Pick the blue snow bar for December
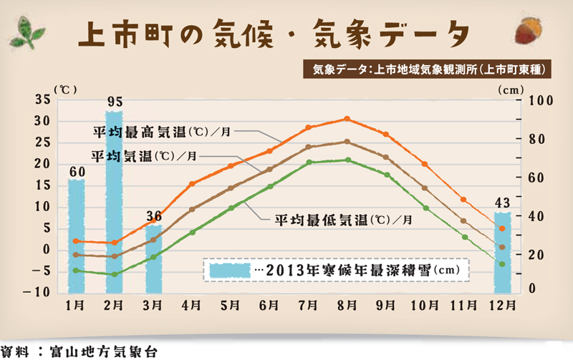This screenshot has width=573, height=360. (x=503, y=250)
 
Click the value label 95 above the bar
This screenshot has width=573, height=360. (x=115, y=101)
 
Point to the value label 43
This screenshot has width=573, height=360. (x=503, y=203)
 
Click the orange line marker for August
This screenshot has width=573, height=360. (x=347, y=119)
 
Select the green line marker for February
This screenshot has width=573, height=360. (x=114, y=274)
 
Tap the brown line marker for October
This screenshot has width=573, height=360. (x=425, y=188)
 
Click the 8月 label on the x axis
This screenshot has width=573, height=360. (x=347, y=305)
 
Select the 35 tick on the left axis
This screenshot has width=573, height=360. (x=42, y=100)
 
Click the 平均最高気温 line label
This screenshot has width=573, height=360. (x=162, y=132)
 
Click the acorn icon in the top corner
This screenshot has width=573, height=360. (x=531, y=31)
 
